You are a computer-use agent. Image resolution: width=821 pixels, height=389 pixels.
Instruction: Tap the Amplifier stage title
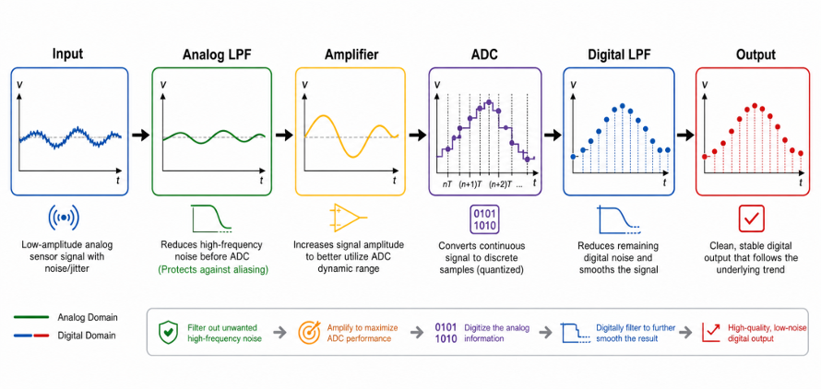click(351, 55)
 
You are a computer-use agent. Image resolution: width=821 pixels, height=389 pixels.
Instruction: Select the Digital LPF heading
click(619, 55)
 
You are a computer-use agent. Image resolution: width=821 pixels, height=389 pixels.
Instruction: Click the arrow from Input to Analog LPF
click(140, 136)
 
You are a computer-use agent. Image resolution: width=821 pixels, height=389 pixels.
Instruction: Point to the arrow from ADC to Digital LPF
click(553, 136)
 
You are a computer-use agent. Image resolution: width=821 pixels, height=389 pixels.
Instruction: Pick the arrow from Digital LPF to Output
click(684, 136)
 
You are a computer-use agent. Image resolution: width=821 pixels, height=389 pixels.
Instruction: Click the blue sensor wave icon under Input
click(64, 218)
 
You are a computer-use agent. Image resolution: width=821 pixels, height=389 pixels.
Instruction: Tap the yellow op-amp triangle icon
click(348, 218)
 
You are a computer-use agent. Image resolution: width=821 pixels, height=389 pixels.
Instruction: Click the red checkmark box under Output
click(752, 218)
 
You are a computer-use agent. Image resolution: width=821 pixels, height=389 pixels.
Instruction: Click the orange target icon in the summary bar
click(308, 332)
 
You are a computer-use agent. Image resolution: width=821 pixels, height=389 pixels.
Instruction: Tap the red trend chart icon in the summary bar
click(710, 332)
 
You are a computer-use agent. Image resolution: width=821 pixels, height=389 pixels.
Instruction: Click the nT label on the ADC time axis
click(447, 183)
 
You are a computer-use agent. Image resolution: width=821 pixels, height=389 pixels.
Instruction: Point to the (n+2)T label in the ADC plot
click(500, 183)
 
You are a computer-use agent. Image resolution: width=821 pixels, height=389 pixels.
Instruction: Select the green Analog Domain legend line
click(32, 317)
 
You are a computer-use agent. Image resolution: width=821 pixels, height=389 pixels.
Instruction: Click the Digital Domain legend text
click(88, 335)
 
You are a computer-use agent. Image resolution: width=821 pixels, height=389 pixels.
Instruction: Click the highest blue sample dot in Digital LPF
click(622, 106)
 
